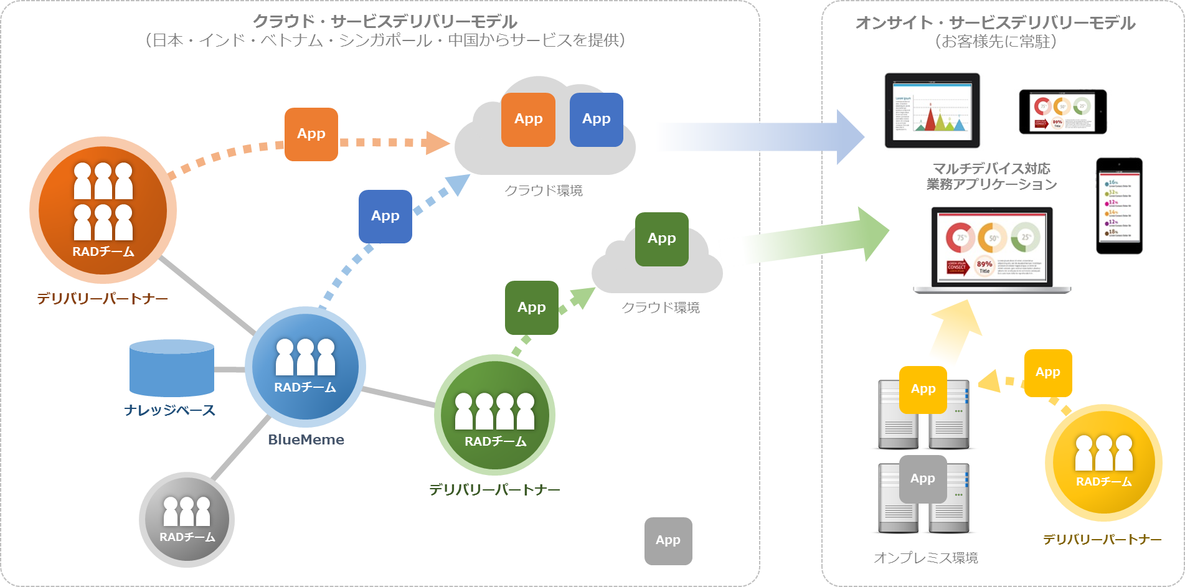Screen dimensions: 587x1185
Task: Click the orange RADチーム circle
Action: [x=103, y=210]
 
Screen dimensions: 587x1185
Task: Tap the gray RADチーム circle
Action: [x=187, y=519]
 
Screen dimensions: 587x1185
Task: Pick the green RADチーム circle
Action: [x=495, y=415]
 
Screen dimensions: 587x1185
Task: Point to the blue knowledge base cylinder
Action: [x=172, y=369]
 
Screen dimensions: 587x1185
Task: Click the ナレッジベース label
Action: [x=169, y=410]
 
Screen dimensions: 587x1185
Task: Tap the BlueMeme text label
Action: [x=306, y=439]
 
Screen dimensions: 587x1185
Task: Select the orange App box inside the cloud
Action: [x=528, y=120]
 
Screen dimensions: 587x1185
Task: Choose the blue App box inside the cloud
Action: [x=596, y=120]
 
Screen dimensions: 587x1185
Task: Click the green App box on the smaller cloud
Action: [x=661, y=239]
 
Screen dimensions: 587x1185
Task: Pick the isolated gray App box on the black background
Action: [x=668, y=540]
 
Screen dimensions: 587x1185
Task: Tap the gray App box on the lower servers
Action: [x=923, y=479]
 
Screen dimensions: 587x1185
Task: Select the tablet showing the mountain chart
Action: [x=932, y=111]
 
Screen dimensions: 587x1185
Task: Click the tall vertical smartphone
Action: [x=1119, y=205]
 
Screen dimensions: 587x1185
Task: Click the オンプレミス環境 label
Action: [x=925, y=558]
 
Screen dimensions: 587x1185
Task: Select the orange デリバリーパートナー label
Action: [x=103, y=299]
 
